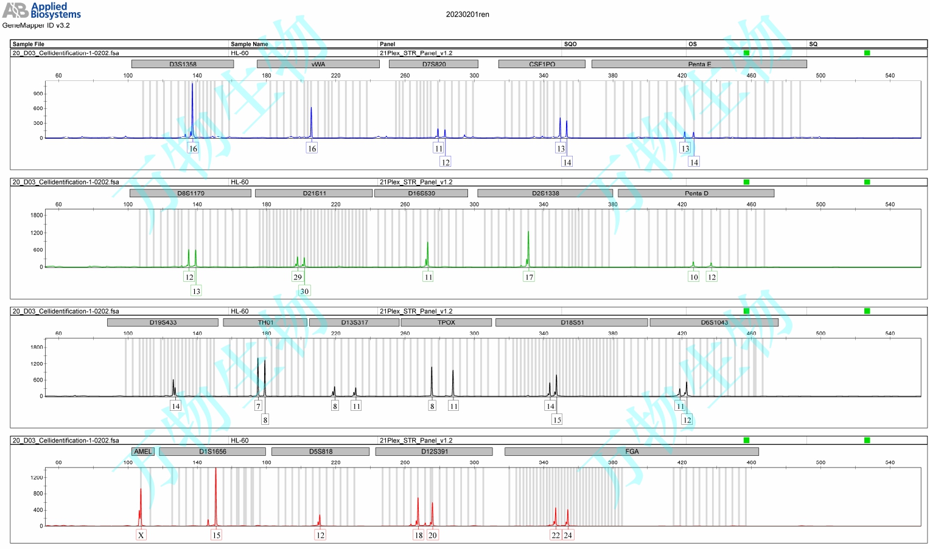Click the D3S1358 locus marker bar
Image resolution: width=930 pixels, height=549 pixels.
point(183,64)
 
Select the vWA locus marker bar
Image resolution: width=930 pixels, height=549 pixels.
point(318,64)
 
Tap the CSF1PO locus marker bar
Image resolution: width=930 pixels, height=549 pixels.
point(542,64)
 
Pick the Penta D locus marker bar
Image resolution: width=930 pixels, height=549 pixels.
point(696,194)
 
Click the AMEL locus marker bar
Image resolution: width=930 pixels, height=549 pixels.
point(143,452)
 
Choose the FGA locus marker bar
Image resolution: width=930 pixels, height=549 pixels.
point(632,452)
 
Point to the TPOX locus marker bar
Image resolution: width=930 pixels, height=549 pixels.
point(446,323)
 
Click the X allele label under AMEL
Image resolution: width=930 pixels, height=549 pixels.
point(141,535)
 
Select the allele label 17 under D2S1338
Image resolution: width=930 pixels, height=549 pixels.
point(529,277)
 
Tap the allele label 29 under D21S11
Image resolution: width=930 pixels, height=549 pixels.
point(298,277)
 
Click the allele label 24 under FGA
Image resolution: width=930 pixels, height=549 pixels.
point(568,535)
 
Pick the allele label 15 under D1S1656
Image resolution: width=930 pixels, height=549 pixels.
point(216,535)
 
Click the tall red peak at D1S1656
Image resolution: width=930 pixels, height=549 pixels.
point(215,487)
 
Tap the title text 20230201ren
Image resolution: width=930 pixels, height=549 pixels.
point(467,15)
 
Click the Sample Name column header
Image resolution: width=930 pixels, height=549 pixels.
point(250,44)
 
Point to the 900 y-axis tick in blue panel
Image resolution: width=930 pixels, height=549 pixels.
point(38,94)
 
